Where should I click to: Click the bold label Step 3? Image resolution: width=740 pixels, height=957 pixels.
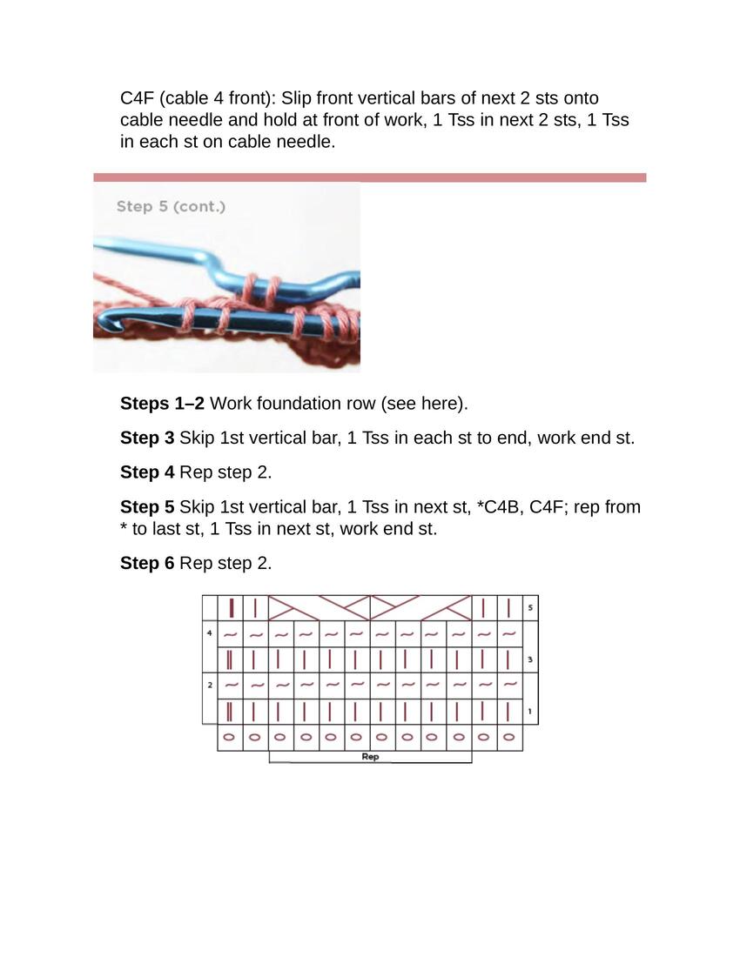[147, 438]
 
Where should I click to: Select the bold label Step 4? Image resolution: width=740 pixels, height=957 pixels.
[147, 472]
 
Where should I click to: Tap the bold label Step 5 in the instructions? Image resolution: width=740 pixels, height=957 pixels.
[147, 507]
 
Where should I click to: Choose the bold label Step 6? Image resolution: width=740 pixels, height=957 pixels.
[147, 563]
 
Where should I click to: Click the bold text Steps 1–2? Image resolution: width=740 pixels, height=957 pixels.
[163, 404]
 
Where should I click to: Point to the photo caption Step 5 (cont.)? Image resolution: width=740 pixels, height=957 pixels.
[171, 207]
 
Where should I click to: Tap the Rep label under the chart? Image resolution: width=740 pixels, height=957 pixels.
[370, 756]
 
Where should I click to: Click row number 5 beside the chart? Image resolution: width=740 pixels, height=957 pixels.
[530, 607]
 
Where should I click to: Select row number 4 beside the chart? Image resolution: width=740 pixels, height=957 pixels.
[210, 632]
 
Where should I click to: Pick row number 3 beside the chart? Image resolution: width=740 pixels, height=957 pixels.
[530, 659]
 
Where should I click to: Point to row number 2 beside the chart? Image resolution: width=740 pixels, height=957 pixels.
[210, 685]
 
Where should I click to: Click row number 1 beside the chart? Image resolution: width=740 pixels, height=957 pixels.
[530, 711]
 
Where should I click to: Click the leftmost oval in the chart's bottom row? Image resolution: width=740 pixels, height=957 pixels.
[229, 737]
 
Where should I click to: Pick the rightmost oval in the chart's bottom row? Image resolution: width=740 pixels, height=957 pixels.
[508, 737]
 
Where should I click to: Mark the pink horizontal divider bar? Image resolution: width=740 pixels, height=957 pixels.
[369, 177]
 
